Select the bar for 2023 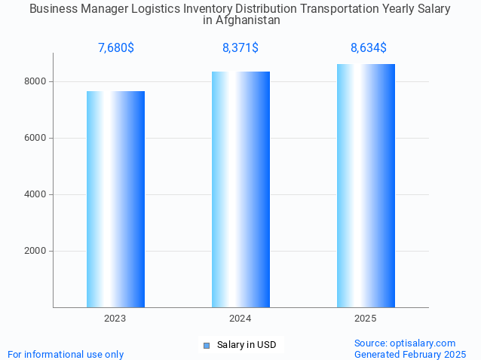click(x=115, y=199)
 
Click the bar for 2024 click(x=240, y=189)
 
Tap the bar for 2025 click(x=366, y=185)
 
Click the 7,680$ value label click(x=116, y=48)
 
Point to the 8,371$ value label click(x=240, y=48)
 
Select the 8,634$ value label click(x=369, y=48)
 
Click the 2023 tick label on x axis click(x=115, y=319)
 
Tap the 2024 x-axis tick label click(x=240, y=319)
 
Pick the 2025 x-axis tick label click(x=366, y=319)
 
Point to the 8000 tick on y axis click(x=35, y=81)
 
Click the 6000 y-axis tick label click(x=35, y=138)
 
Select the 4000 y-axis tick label click(x=35, y=194)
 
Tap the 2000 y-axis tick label click(x=35, y=251)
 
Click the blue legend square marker click(x=206, y=345)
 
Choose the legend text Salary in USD click(x=247, y=345)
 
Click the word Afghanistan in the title click(x=248, y=20)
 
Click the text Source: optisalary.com click(x=405, y=343)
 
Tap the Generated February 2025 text click(x=410, y=354)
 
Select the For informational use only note click(x=66, y=354)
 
